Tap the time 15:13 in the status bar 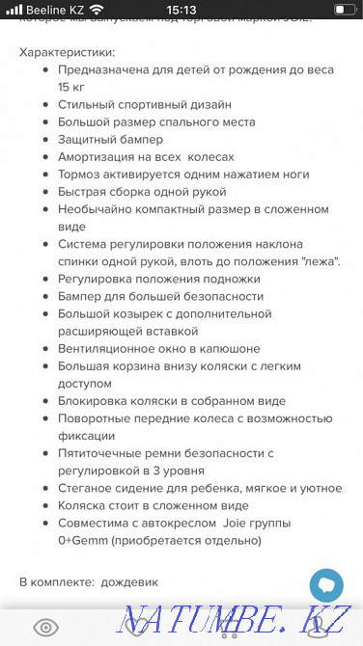pos(181,9)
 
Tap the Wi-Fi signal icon pos(97,9)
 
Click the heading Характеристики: pos(67,52)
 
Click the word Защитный pos(85,139)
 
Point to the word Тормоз pos(78,174)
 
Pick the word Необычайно pos(93,208)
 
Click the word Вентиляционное pos(106,348)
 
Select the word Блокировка pos(93,400)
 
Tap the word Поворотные pos(94,418)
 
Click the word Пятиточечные pos(100,453)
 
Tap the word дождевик pos(133,582)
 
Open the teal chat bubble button pos(326,584)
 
